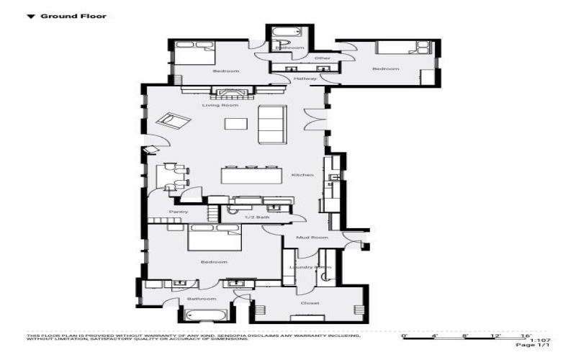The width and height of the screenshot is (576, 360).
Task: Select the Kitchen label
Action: tap(302, 175)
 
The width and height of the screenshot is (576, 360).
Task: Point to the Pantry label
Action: tap(179, 212)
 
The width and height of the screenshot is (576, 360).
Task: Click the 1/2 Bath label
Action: tap(257, 217)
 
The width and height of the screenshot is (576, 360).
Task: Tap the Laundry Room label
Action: tap(310, 267)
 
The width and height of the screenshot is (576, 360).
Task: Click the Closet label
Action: tap(310, 302)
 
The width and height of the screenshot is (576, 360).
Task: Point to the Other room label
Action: tap(322, 58)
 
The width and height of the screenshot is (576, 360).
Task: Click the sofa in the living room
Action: tap(272, 125)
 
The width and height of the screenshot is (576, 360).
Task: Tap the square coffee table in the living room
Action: tap(235, 124)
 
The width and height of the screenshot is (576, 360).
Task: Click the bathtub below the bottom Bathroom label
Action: tap(207, 315)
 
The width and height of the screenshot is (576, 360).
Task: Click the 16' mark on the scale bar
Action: tap(526, 336)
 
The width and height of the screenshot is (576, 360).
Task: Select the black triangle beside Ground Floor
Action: tap(31, 16)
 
